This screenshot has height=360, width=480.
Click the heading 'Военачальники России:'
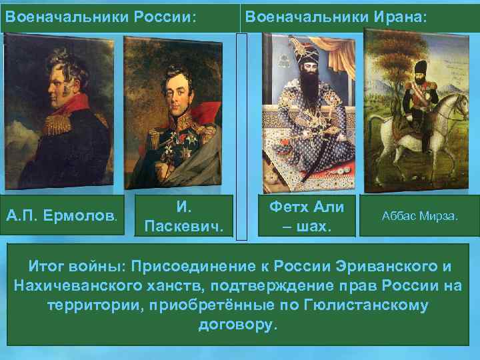[x=100, y=15]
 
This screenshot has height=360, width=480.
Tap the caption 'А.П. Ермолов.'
[x=61, y=215]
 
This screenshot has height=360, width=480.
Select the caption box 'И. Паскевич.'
[x=184, y=215]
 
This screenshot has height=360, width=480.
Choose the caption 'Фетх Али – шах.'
[x=306, y=215]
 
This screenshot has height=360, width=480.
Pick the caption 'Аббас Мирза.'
[x=419, y=215]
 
